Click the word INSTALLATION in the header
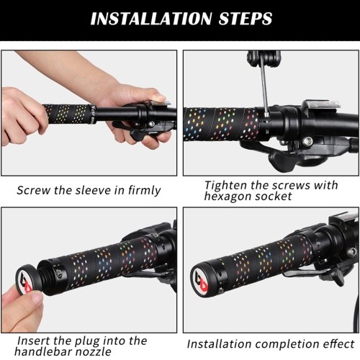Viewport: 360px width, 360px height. pyautogui.click(x=151, y=19)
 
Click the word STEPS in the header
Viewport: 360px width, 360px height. pyautogui.click(x=246, y=19)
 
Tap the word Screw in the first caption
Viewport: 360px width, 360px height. pyautogui.click(x=34, y=190)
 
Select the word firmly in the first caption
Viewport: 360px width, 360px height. pyautogui.click(x=144, y=191)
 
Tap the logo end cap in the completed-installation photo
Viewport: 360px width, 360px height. pyautogui.click(x=202, y=281)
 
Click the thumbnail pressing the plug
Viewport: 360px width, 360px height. pyautogui.click(x=35, y=298)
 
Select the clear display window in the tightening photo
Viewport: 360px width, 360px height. pyautogui.click(x=322, y=106)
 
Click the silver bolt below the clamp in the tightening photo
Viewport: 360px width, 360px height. pyautogui.click(x=307, y=141)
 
